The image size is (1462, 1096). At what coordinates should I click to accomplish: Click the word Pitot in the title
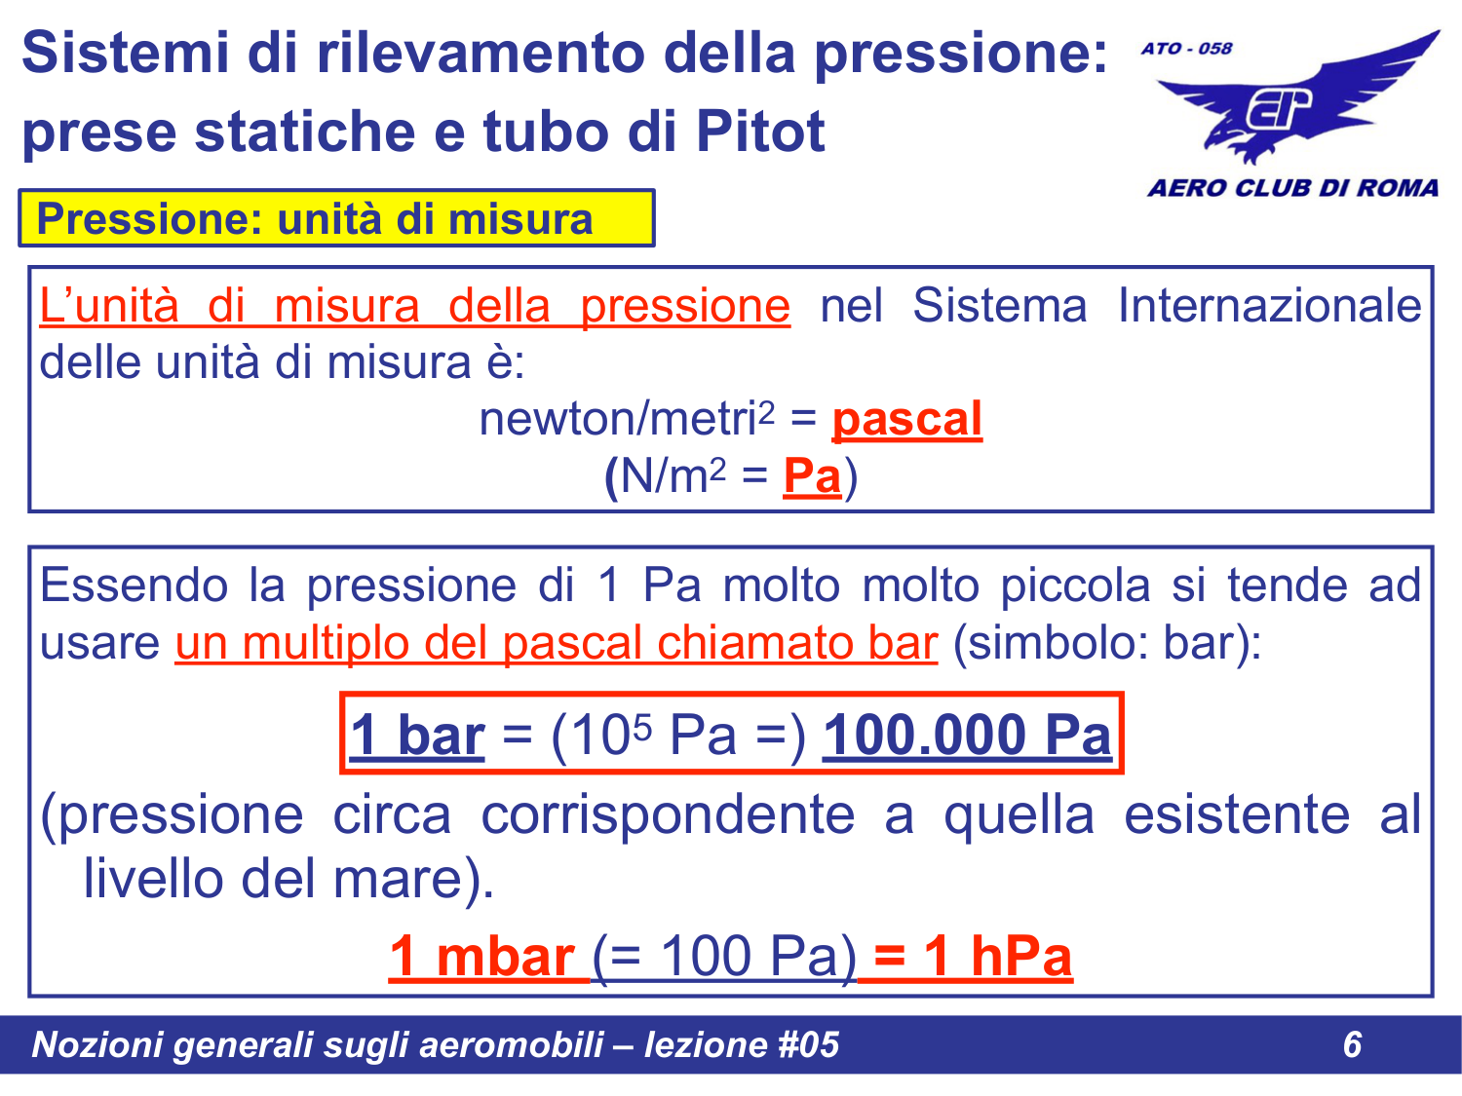[x=760, y=132]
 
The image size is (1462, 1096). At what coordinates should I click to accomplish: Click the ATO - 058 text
[x=1186, y=49]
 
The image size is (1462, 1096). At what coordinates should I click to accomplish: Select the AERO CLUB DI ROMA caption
[x=1292, y=188]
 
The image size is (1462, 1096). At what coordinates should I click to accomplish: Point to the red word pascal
[x=906, y=420]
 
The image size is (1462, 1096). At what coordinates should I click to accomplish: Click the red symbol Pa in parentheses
[x=811, y=477]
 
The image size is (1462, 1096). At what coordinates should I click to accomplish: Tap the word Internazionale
[x=1269, y=306]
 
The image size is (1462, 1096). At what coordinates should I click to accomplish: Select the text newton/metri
[x=618, y=420]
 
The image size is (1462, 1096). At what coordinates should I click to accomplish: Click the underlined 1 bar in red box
[x=418, y=736]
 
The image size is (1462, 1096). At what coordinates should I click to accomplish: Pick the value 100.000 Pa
[x=967, y=736]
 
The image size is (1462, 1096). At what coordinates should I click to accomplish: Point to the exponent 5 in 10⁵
[x=641, y=723]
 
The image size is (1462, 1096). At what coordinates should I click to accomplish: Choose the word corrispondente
[x=668, y=814]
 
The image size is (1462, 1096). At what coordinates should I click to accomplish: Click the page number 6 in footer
[x=1352, y=1044]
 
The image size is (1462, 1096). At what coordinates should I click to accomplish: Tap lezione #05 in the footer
[x=741, y=1044]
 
